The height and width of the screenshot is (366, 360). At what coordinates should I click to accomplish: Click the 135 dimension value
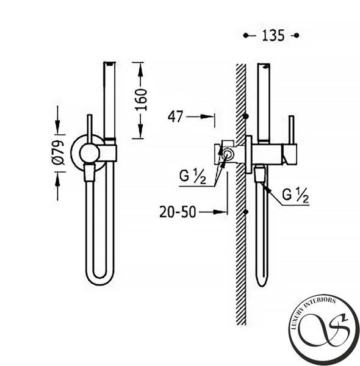point(273,35)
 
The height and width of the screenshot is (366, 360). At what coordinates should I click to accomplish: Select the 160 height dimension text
point(141,99)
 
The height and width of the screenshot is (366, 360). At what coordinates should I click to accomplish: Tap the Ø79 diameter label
point(58,152)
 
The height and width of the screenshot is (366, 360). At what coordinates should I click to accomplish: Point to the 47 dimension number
point(175,117)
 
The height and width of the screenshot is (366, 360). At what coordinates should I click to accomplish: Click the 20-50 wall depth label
point(178,212)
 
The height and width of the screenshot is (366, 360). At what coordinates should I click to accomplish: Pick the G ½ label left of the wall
point(193,177)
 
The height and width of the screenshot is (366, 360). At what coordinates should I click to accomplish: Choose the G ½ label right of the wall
point(295,196)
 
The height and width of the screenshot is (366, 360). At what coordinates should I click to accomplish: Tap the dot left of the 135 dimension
point(246,35)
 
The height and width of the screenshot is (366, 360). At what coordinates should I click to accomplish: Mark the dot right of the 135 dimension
point(297,35)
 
